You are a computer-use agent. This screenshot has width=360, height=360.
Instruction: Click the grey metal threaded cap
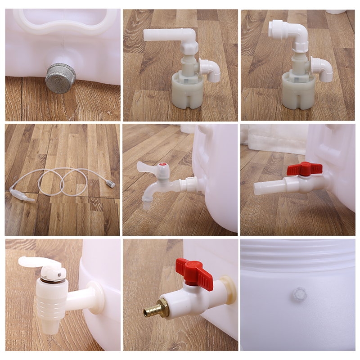click(x=61, y=78)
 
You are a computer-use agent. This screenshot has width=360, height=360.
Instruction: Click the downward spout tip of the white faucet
click(x=147, y=206)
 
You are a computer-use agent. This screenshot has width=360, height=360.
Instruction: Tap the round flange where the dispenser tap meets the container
click(x=95, y=297)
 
